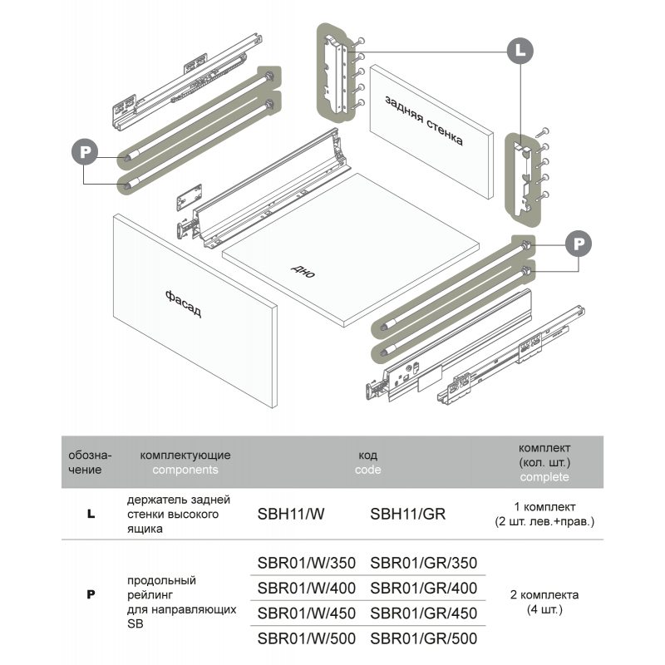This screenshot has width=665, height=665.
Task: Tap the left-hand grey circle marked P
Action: [x=85, y=152]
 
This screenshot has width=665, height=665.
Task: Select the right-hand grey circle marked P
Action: [x=579, y=243]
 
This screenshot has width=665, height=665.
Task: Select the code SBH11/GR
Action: [x=407, y=514]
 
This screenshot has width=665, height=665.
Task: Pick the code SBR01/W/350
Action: [x=307, y=564]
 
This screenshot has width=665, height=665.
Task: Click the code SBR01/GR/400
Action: [x=424, y=589]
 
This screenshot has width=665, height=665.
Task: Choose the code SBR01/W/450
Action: [x=307, y=613]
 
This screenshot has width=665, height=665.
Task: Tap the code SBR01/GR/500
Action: [x=424, y=638]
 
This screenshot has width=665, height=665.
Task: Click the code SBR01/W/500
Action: [x=307, y=638]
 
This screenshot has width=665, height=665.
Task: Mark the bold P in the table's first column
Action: [x=91, y=595]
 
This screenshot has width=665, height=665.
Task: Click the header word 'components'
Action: [x=185, y=470]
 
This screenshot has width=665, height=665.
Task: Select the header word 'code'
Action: [x=367, y=470]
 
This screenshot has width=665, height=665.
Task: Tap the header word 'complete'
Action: [x=544, y=477]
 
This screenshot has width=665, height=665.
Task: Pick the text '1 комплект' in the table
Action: [x=544, y=507]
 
